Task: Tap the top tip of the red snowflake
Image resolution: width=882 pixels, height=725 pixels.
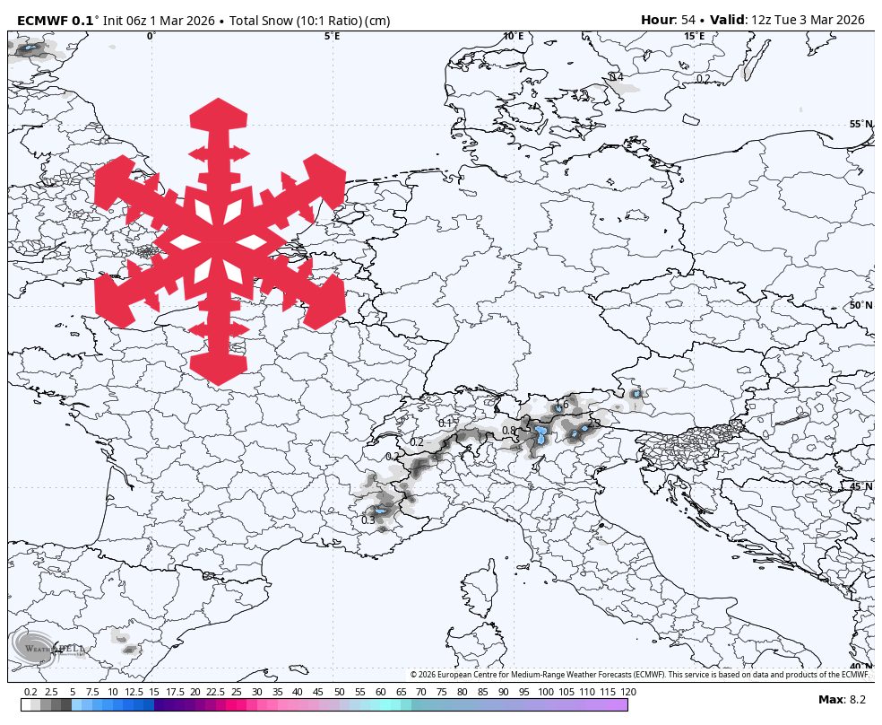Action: coord(219,103)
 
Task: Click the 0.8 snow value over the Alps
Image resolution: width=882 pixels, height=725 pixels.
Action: coord(509,431)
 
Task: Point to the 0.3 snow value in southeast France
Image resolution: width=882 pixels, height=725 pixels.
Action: coord(367,520)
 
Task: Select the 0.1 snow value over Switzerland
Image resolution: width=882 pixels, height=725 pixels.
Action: coord(445,423)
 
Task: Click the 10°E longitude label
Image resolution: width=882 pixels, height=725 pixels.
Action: coord(513,37)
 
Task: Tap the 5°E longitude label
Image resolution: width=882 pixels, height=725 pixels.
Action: coord(332,37)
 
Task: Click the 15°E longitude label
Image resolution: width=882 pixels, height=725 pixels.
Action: coord(694,37)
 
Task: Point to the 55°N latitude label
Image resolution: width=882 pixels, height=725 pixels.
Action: coord(860,125)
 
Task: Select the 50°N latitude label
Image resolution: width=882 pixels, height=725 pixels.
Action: coord(860,306)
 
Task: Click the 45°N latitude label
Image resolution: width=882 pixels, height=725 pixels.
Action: coord(860,487)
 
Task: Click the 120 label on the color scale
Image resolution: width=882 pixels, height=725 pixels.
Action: coord(628,692)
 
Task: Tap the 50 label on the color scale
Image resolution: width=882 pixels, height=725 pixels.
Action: coord(339,692)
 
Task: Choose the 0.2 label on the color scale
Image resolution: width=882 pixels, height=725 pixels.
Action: coord(30,692)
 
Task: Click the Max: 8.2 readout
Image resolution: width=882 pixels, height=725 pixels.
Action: coord(843,699)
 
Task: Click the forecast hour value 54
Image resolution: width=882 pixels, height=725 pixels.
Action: coord(688,20)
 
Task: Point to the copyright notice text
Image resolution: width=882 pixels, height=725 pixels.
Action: coord(640,675)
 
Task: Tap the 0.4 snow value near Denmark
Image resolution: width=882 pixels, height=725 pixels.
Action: coord(617,77)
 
